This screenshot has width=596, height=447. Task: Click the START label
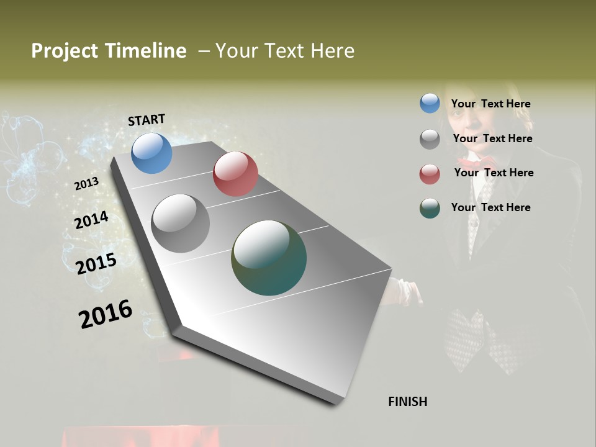pos(147,120)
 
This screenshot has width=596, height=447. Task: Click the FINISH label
pos(408,402)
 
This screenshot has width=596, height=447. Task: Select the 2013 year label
pos(86,184)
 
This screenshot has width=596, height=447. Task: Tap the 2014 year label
pos(91,220)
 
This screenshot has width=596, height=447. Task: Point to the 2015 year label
pos(96,263)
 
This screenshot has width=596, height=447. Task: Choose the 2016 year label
pos(106,314)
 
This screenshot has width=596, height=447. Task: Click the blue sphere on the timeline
pos(151,153)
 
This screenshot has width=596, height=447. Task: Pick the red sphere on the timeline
pos(235,174)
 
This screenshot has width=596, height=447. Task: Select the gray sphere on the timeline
pos(181,223)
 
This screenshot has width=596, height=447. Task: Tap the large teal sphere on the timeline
pos(269,258)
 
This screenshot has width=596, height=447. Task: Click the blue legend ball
pos(430,103)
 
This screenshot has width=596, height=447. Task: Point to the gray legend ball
pos(430,139)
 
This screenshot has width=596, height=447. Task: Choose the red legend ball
pos(430,174)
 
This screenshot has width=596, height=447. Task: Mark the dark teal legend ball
pos(430,208)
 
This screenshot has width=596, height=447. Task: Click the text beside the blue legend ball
pos(490,104)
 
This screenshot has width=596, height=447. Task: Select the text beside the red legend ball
pos(494,173)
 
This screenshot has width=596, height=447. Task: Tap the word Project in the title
pos(64,51)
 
